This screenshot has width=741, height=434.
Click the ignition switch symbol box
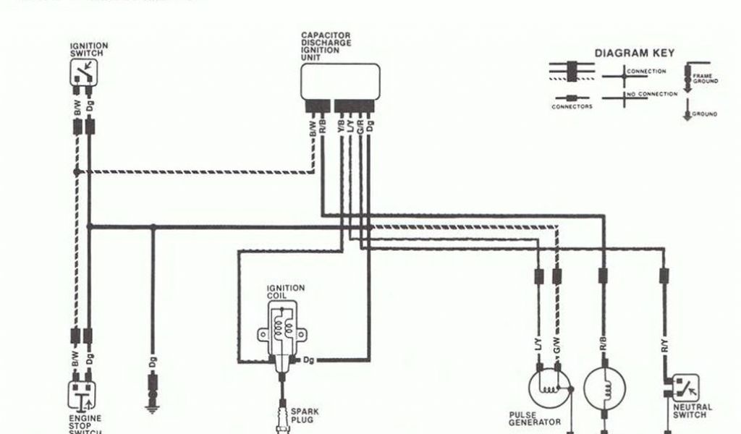click(x=83, y=72)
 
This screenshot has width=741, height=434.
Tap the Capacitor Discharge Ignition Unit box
click(x=341, y=81)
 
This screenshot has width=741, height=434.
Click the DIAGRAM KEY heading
click(x=634, y=53)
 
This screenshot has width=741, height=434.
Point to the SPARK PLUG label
click(x=302, y=414)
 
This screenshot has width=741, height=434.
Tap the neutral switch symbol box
click(x=685, y=388)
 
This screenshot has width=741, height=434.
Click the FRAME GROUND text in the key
click(x=705, y=78)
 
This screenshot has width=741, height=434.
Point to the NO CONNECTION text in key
click(x=652, y=94)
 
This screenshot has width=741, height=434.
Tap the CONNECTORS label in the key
click(x=572, y=107)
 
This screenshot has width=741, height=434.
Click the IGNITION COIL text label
click(x=287, y=292)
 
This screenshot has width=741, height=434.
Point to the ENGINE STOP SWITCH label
click(x=85, y=423)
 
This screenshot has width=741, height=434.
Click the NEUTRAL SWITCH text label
click(x=692, y=411)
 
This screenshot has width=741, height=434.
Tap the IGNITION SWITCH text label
click(x=89, y=49)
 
